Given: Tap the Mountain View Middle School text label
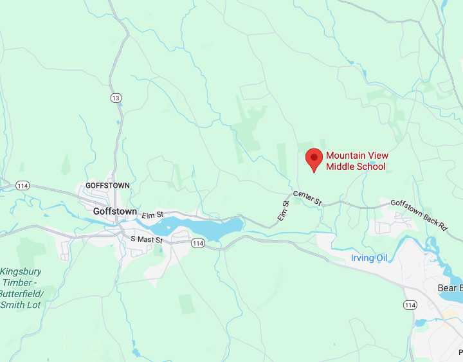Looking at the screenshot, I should pyautogui.click(x=357, y=161).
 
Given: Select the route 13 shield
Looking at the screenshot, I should pyautogui.click(x=116, y=98).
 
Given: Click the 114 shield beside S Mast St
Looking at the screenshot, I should pyautogui.click(x=197, y=242).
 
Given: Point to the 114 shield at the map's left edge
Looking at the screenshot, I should pyautogui.click(x=23, y=185).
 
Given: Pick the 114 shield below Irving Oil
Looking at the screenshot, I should pyautogui.click(x=410, y=304).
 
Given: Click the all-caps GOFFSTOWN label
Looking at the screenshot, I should pyautogui.click(x=107, y=185).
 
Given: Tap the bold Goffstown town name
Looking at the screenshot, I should pyautogui.click(x=114, y=211).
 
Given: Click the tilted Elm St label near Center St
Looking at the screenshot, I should pyautogui.click(x=284, y=211).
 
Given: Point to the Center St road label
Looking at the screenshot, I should pyautogui.click(x=307, y=198).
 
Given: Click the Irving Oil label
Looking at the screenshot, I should pyautogui.click(x=370, y=258).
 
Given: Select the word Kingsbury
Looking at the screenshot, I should pyautogui.click(x=21, y=271).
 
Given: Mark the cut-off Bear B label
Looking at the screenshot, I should pyautogui.click(x=449, y=288).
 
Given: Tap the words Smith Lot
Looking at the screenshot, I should pyautogui.click(x=21, y=305).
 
